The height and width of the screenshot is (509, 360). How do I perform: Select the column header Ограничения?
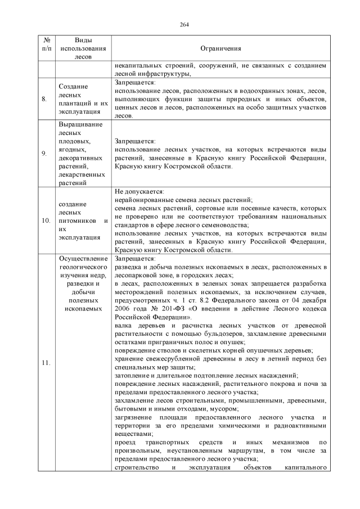click(x=220, y=49)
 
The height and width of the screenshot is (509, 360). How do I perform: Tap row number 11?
click(x=46, y=363)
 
